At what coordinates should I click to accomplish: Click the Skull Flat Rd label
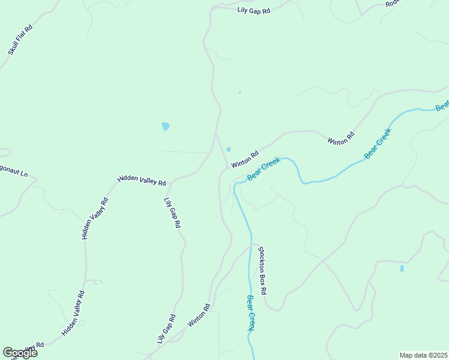20,40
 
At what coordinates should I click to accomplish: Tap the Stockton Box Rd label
262,269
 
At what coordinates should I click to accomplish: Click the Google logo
20,352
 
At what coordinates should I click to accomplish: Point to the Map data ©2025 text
423,355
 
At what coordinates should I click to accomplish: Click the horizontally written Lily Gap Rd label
254,10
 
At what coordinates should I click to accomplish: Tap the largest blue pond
166,127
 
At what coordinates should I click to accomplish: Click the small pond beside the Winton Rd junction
229,149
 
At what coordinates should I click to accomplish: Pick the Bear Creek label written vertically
252,313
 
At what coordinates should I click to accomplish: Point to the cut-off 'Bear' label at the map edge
442,106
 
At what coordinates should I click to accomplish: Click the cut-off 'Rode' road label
393,4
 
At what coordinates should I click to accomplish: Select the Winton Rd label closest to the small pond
244,159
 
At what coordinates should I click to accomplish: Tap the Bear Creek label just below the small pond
264,169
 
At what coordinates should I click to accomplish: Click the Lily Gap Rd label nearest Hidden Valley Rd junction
172,212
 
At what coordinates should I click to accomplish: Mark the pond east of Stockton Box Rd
402,268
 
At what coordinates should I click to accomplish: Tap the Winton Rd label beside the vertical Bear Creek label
199,316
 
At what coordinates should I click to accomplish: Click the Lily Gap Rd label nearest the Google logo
166,329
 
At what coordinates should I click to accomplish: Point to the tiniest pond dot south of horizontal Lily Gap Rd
240,92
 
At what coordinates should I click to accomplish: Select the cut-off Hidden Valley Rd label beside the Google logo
36,347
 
